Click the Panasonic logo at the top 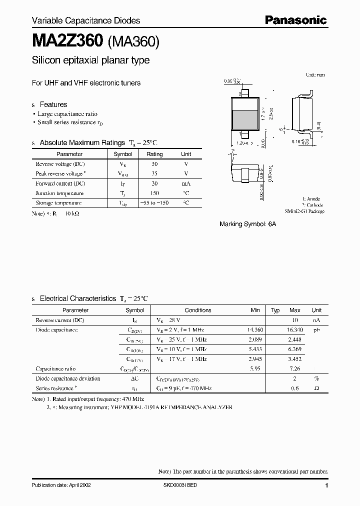(295, 20)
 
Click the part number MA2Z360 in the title (67, 40)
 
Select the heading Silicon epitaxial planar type (90, 60)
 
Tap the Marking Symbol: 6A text (247, 224)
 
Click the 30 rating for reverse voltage (154, 164)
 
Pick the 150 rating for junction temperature (154, 193)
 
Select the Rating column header (154, 154)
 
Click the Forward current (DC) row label (59, 183)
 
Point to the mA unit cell (186, 183)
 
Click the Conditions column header (198, 310)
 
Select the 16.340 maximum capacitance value (295, 330)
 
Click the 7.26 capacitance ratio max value (295, 368)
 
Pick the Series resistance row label (56, 388)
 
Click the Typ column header (275, 310)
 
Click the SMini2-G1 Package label (305, 211)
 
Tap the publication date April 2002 (61, 485)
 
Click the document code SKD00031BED (180, 485)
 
